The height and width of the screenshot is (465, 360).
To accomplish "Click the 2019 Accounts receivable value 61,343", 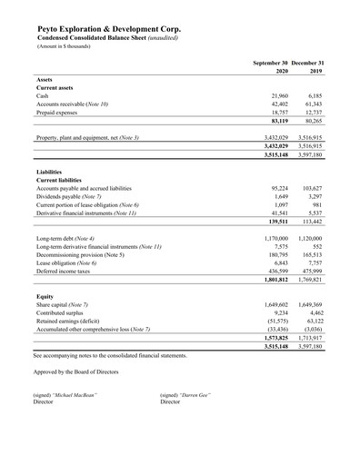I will point(315,104).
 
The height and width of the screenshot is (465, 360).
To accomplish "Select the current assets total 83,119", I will point(276,122).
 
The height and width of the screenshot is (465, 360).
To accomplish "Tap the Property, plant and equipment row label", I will point(87,138).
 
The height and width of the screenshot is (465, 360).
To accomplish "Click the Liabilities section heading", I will point(50,171).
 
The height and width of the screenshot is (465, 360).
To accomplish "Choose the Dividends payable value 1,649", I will point(280,195).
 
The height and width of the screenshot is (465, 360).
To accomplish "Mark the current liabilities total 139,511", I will point(275,221).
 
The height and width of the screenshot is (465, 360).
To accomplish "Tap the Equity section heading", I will point(45,296).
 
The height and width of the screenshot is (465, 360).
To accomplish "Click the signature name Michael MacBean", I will point(76,395).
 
